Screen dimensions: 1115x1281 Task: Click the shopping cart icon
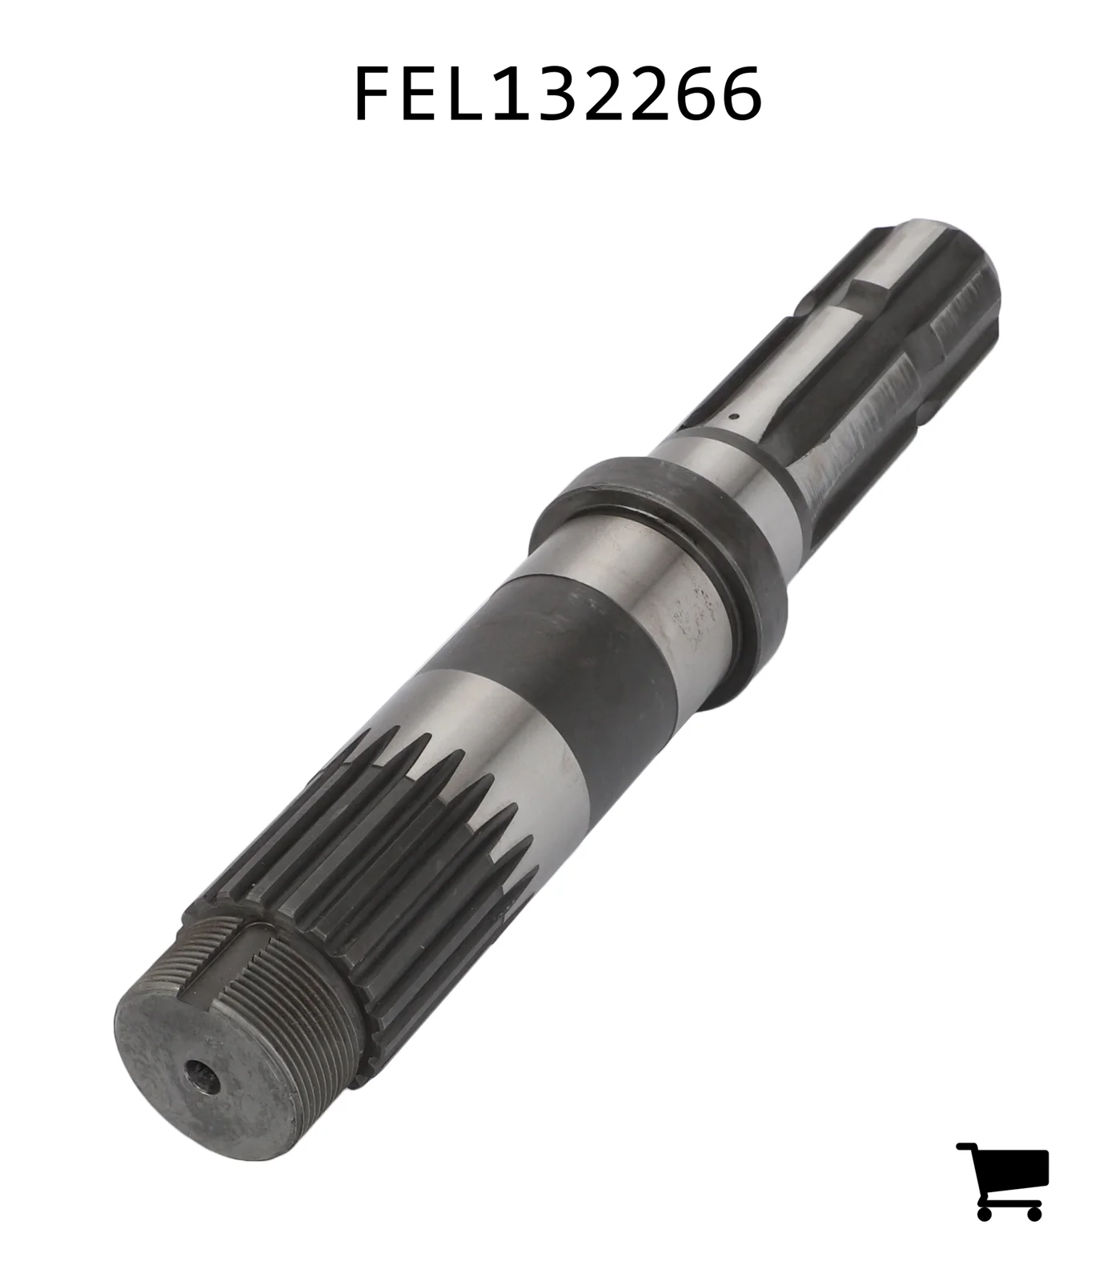1002,1180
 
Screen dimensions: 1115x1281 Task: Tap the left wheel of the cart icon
985,1212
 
